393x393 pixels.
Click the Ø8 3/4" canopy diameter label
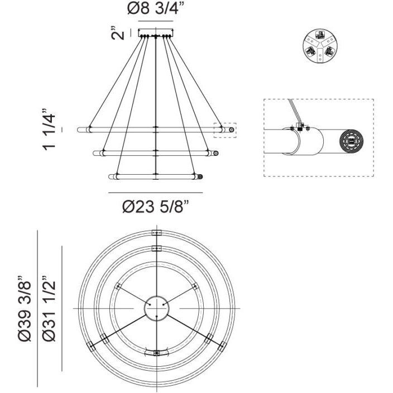156,9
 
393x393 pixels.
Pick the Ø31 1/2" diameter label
49,306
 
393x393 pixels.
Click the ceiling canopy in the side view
156,33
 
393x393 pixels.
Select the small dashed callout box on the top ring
226,130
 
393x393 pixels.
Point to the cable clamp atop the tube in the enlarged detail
301,127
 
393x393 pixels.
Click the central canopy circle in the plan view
156,309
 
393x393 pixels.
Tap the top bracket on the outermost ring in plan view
156,233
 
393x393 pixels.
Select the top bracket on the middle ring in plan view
156,249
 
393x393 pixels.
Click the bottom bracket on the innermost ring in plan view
156,353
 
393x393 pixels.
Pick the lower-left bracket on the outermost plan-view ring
104,338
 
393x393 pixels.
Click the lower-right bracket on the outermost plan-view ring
208,338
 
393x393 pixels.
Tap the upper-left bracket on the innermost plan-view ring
118,286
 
